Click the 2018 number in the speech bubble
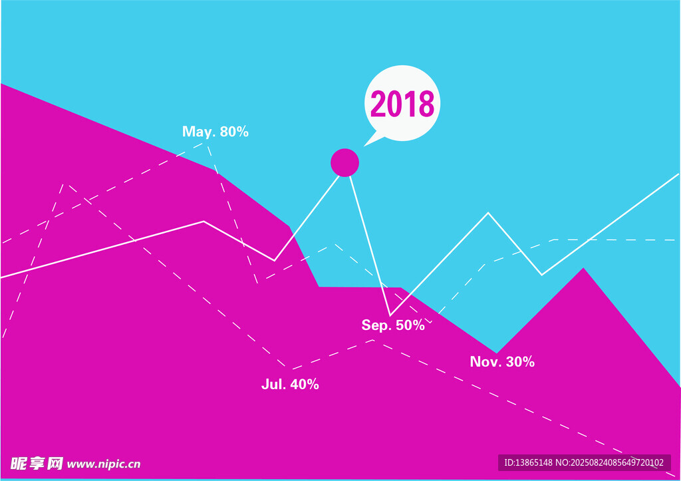pyautogui.click(x=402, y=103)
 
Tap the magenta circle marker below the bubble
pyautogui.click(x=345, y=162)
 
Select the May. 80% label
pyautogui.click(x=215, y=132)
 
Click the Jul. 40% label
pyautogui.click(x=290, y=384)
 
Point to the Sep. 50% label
pyautogui.click(x=393, y=325)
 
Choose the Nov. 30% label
pyautogui.click(x=502, y=361)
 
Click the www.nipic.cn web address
pyautogui.click(x=104, y=464)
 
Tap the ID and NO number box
pyautogui.click(x=584, y=463)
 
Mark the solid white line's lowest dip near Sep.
pyautogui.click(x=390, y=315)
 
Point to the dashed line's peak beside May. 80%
pyautogui.click(x=207, y=142)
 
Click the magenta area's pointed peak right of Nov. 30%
pyautogui.click(x=583, y=268)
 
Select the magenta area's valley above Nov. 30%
pyautogui.click(x=497, y=353)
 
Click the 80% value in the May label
pyautogui.click(x=234, y=131)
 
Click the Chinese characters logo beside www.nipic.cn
pyautogui.click(x=37, y=464)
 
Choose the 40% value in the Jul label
pyautogui.click(x=305, y=384)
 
